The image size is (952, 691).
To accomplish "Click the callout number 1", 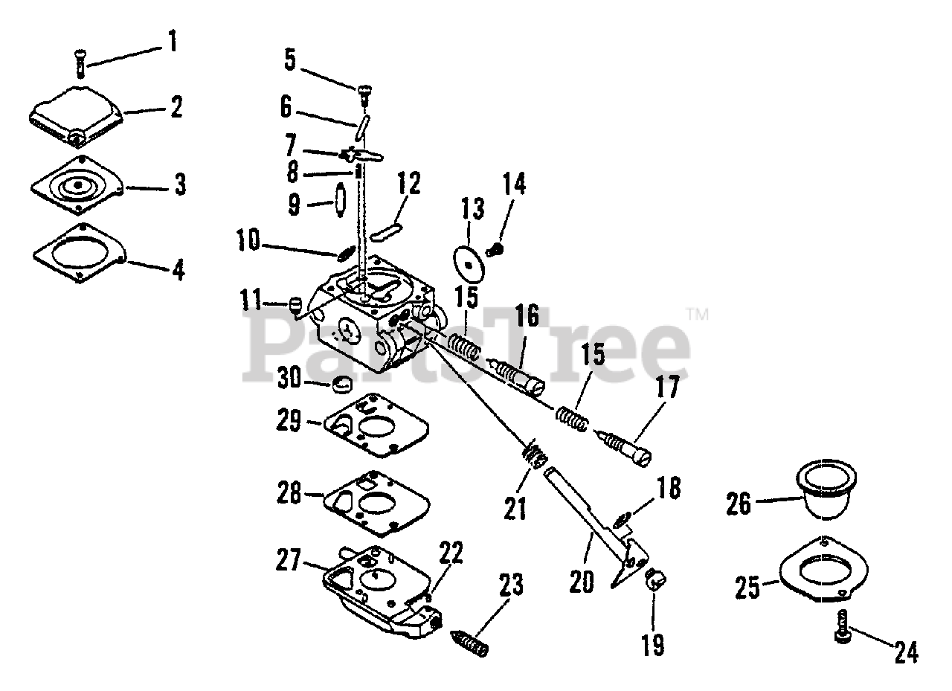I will [173, 40].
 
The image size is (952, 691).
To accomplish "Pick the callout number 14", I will [513, 182].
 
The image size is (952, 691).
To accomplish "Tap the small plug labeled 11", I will [295, 303].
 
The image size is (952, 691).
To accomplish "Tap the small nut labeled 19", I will [653, 578].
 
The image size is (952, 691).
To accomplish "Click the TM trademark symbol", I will [698, 315].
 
